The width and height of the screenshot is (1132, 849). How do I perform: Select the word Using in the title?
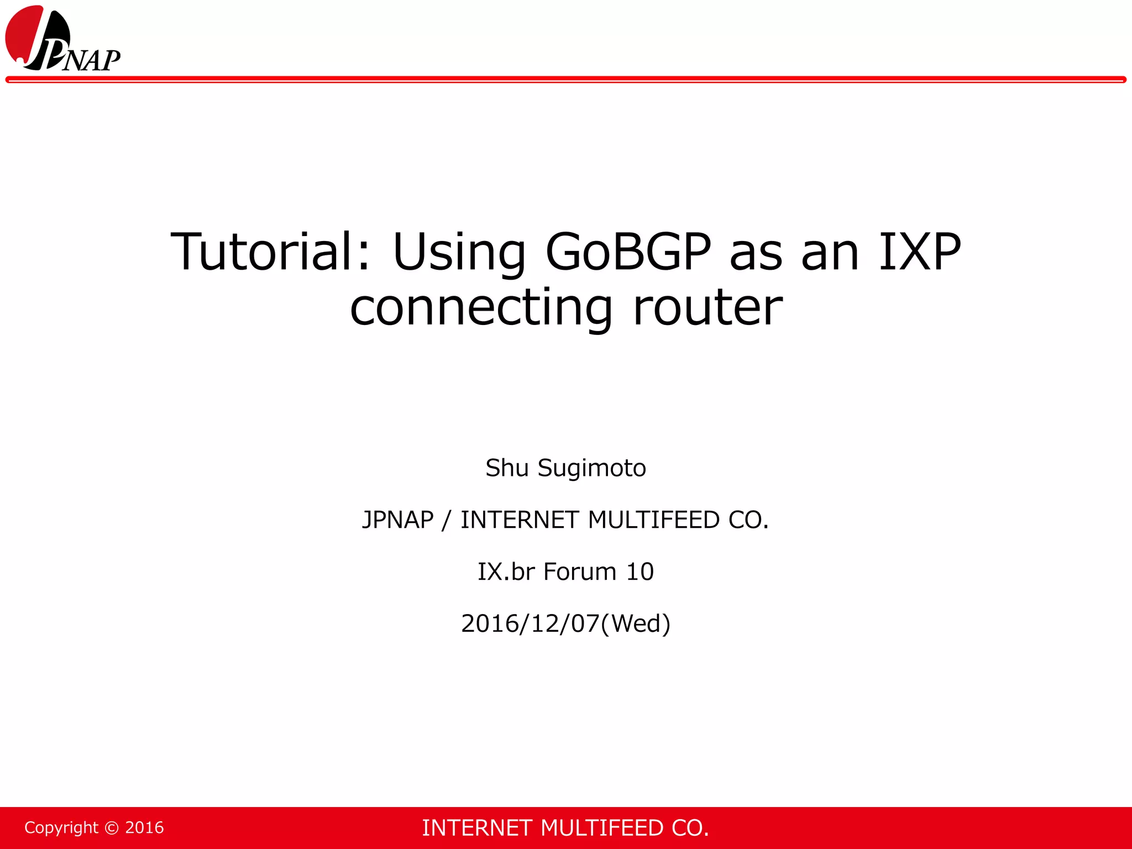459,253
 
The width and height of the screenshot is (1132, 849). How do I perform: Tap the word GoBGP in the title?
628,252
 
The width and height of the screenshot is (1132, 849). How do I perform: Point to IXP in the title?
920,252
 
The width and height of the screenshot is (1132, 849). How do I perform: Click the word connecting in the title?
481,308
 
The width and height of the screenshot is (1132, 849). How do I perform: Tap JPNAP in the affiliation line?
398,520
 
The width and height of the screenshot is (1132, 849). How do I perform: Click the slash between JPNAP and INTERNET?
447,520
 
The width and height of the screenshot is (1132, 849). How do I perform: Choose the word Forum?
580,572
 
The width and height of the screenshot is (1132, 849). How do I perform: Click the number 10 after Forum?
640,572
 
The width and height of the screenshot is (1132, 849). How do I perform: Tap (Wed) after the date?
636,623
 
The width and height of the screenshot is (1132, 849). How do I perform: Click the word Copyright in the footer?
61,827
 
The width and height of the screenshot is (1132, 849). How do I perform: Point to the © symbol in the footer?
112,827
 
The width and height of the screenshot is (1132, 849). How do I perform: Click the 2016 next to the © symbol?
145,827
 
